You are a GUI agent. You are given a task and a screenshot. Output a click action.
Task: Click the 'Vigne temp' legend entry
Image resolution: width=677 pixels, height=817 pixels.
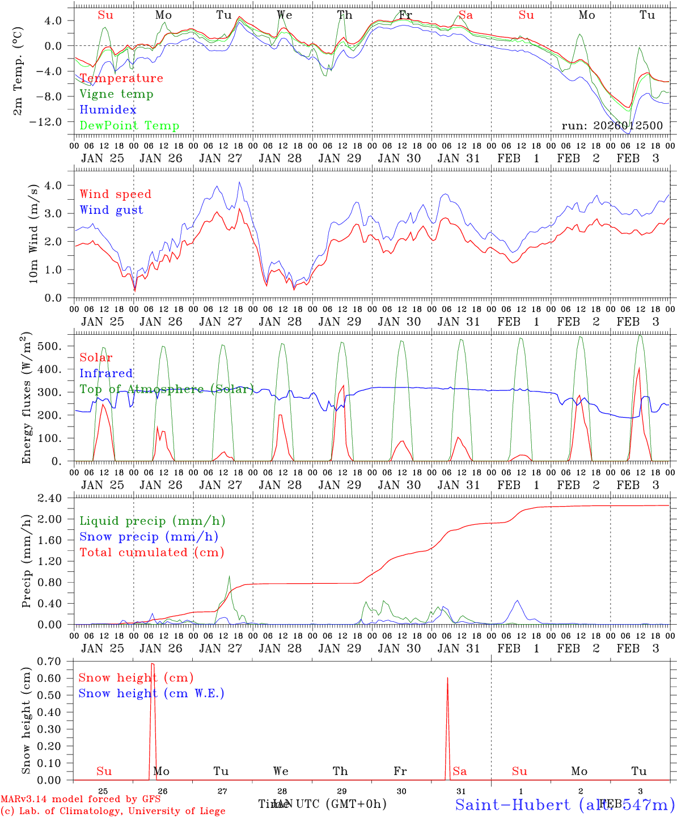[x=116, y=94]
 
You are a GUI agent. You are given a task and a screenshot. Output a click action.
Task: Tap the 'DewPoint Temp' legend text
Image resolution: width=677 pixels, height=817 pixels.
[x=129, y=126]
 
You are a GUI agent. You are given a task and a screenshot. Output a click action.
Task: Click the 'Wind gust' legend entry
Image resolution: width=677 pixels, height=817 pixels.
[x=111, y=210]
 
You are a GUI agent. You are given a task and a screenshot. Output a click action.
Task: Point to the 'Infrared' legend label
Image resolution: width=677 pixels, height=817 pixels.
[x=106, y=373]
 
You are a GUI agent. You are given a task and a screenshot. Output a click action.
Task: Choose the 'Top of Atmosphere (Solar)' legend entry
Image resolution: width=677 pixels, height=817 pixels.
[x=166, y=389]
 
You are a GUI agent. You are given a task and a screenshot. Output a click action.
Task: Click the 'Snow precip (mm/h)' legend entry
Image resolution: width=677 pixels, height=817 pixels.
[x=149, y=537]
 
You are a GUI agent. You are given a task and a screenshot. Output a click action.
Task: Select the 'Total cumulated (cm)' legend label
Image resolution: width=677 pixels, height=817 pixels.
[x=151, y=553]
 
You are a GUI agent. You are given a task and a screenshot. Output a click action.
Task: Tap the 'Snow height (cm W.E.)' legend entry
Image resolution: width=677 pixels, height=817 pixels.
[x=151, y=693]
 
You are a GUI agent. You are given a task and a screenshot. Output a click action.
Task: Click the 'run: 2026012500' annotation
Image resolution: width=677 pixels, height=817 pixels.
[x=612, y=126]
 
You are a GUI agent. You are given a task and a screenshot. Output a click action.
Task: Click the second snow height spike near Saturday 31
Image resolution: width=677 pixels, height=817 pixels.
[x=447, y=679]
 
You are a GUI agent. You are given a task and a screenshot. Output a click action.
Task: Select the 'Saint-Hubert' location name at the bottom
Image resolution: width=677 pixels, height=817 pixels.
[x=513, y=805]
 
